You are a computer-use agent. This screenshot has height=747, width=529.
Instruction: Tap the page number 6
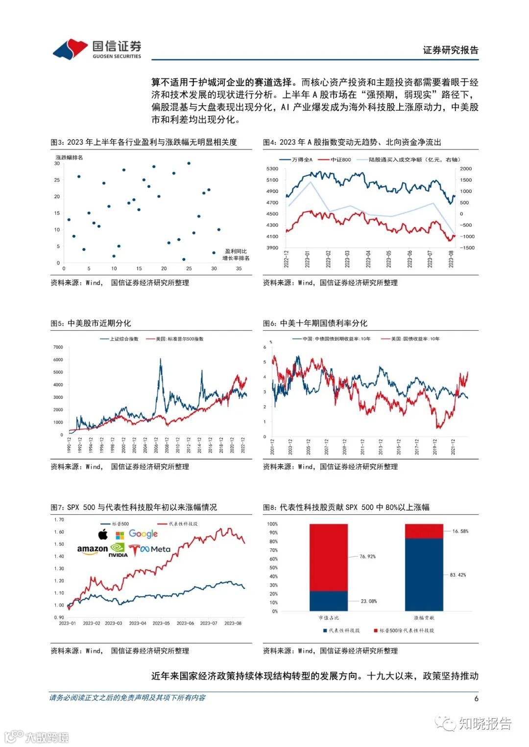[476, 698]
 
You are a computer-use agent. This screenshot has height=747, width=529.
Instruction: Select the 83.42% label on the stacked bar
[458, 575]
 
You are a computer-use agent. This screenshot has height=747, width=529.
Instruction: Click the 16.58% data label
[460, 531]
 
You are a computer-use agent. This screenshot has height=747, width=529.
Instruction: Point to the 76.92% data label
[367, 556]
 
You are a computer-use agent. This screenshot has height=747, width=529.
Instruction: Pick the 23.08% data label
[369, 601]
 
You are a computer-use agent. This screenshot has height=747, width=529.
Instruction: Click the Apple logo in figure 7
[103, 534]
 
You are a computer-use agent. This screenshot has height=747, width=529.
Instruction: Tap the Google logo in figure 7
[143, 534]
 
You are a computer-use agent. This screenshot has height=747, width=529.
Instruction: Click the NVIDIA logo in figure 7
[118, 550]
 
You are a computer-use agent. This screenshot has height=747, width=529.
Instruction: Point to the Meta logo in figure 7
[155, 549]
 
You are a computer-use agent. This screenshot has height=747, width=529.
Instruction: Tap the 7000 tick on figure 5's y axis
[58, 347]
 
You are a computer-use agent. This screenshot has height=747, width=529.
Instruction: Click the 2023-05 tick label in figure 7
[161, 623]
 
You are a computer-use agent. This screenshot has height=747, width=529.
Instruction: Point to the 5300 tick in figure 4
[272, 169]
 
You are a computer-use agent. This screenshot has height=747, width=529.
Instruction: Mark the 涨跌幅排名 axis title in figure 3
[70, 158]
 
